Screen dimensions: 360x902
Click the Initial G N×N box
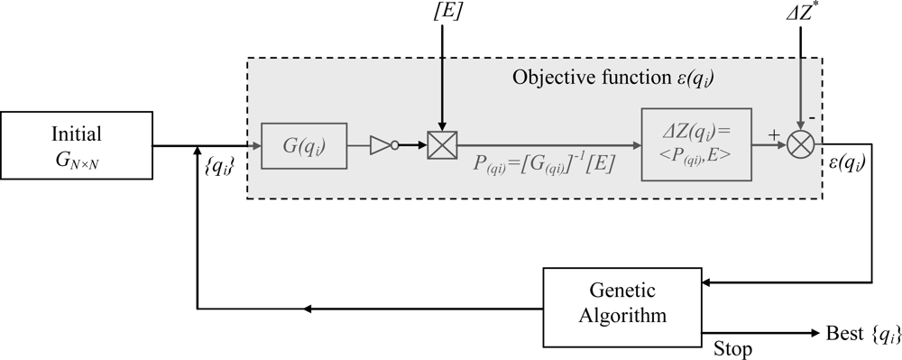pos(76,145)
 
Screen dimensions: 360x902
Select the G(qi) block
pos(304,145)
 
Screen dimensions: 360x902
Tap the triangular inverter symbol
pos(383,145)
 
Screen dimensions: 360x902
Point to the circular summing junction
pos(801,145)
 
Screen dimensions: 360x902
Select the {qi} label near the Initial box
pos(219,168)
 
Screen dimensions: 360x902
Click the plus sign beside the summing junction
pos(773,133)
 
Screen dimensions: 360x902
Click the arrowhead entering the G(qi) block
pos(255,145)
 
